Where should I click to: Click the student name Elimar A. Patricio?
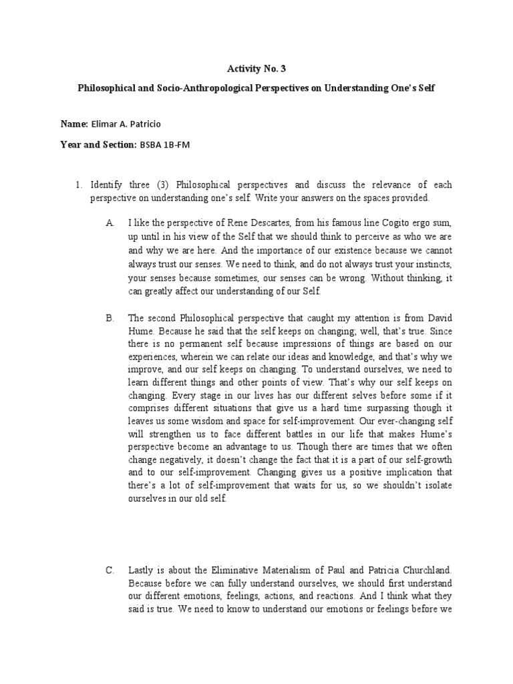coord(142,124)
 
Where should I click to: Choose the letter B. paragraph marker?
coord(111,318)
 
